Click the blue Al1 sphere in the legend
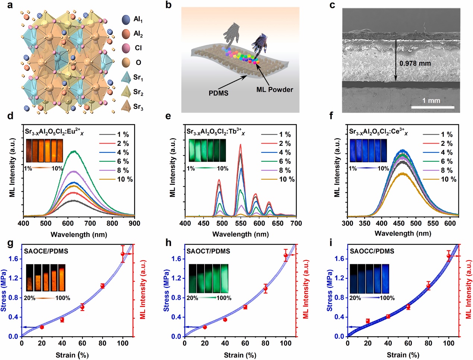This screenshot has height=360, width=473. [x=126, y=19]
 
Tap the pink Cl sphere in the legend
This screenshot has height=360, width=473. [x=126, y=48]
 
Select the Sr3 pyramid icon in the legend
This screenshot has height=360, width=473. [x=126, y=106]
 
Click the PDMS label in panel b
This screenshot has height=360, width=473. [x=218, y=93]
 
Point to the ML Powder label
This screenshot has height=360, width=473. [x=275, y=89]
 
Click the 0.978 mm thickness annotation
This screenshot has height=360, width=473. [x=415, y=63]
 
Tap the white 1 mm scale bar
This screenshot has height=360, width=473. [x=432, y=107]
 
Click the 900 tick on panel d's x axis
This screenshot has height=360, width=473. [x=135, y=223]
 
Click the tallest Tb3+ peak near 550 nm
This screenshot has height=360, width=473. [x=240, y=145]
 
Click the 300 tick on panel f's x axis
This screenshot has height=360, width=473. [x=347, y=223]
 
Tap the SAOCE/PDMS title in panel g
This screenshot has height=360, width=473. [x=46, y=251]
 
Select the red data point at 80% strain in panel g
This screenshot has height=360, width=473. [x=103, y=286]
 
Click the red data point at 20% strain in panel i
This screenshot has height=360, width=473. [x=368, y=321]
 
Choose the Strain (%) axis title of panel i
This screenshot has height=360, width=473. [x=403, y=355]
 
